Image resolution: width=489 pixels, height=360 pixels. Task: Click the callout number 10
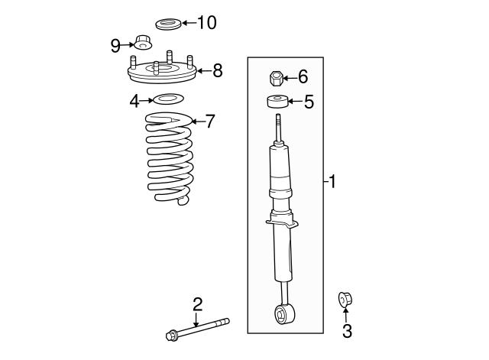click(x=207, y=22)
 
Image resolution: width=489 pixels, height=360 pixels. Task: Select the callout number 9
click(x=116, y=46)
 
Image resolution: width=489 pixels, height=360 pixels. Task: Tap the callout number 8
click(x=218, y=71)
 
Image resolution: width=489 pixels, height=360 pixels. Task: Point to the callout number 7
click(x=211, y=121)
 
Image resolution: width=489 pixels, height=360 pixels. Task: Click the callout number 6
click(x=303, y=76)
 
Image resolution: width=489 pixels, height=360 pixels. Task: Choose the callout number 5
click(x=309, y=102)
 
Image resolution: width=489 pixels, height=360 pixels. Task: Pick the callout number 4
click(x=134, y=99)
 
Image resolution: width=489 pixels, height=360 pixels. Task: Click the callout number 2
click(x=197, y=304)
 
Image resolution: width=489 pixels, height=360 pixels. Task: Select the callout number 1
click(x=332, y=182)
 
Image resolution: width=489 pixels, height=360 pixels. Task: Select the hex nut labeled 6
click(x=277, y=77)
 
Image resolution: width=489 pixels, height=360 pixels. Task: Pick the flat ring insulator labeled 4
click(x=168, y=99)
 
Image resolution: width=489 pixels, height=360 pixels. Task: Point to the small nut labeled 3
click(x=345, y=299)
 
